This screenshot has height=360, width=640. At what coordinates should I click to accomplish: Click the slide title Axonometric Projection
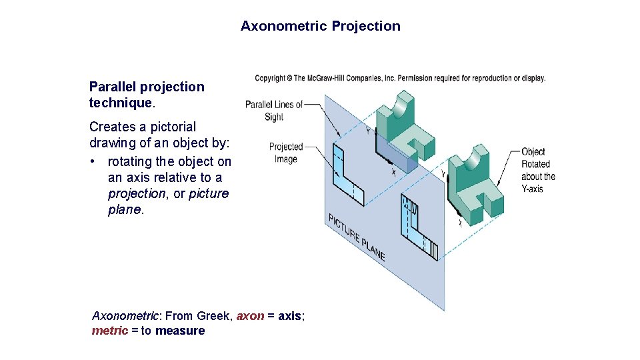(321, 26)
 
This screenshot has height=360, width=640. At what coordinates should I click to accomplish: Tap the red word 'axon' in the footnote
(250, 316)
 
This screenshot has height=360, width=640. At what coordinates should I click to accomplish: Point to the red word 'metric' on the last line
(109, 331)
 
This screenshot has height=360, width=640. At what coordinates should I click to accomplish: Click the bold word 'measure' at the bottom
(180, 331)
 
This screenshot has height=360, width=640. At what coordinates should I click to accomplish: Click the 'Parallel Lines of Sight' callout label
(273, 110)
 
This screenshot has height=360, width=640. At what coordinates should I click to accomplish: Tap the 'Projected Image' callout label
(285, 153)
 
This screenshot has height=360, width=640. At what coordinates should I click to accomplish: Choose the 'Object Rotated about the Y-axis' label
(537, 170)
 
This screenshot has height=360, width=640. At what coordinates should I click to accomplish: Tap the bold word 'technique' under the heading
(121, 103)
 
